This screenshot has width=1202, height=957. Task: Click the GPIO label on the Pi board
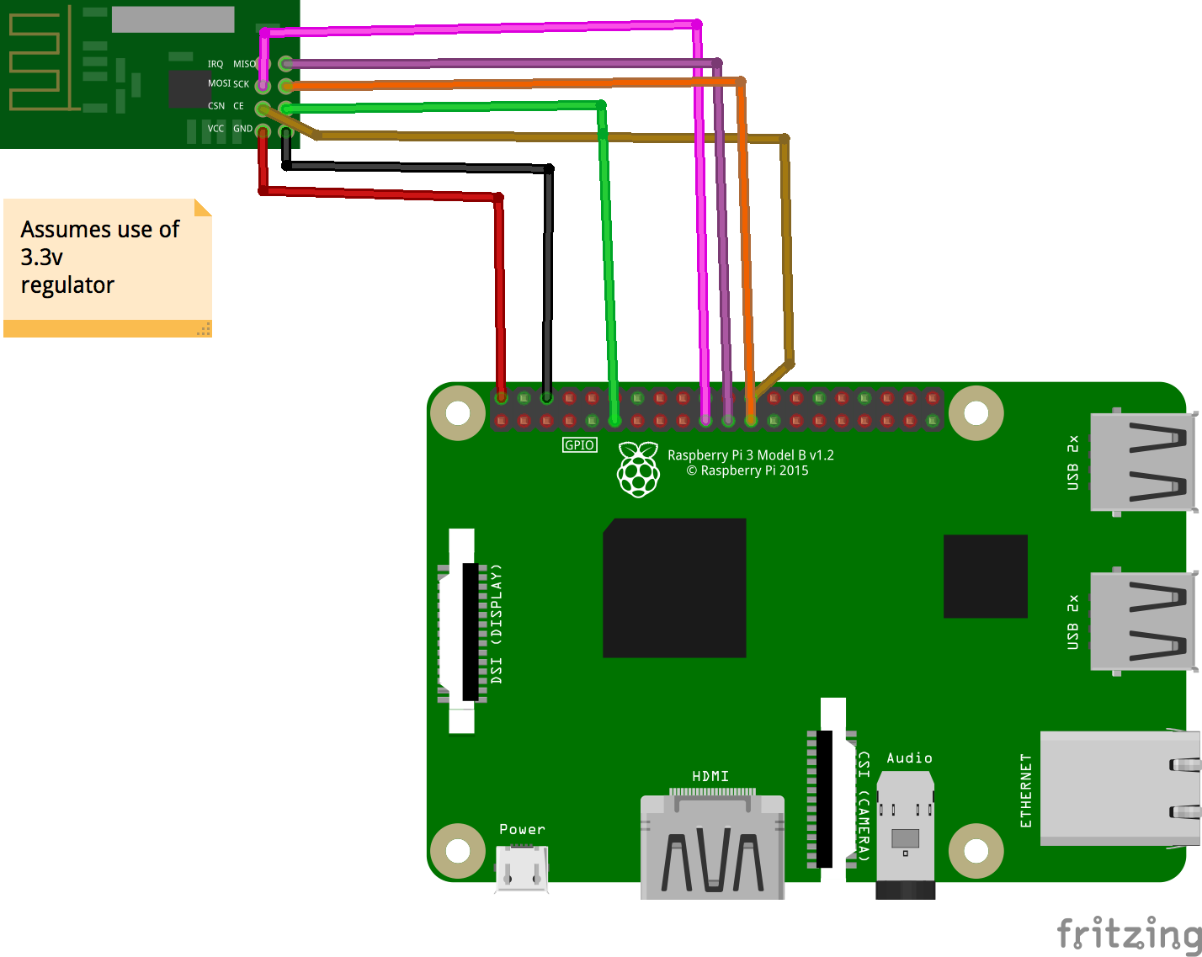point(579,445)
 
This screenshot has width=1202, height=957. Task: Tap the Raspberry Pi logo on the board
point(639,470)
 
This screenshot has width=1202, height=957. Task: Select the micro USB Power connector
point(522,868)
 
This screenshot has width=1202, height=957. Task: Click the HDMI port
point(712,846)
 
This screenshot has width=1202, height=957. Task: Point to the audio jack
point(905,833)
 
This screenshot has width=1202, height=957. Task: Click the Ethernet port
point(1120,789)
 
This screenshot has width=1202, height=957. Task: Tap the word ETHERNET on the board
point(1026,790)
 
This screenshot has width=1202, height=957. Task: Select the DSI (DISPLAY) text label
point(497,623)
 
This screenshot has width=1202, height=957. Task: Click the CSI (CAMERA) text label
point(864,805)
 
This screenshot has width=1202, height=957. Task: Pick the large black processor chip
point(674,587)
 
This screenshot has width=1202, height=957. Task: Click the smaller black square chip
point(985,576)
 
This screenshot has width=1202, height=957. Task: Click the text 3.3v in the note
point(42,257)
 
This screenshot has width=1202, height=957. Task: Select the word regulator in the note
point(67,285)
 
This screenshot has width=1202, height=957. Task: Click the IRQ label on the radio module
point(215,64)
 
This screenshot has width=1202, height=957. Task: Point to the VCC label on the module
point(215,129)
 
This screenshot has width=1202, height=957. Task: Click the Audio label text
point(909,758)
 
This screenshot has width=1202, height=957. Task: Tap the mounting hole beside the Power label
point(458,851)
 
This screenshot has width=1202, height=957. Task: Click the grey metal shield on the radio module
point(173,19)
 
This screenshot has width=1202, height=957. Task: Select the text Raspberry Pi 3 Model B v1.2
point(750,455)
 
